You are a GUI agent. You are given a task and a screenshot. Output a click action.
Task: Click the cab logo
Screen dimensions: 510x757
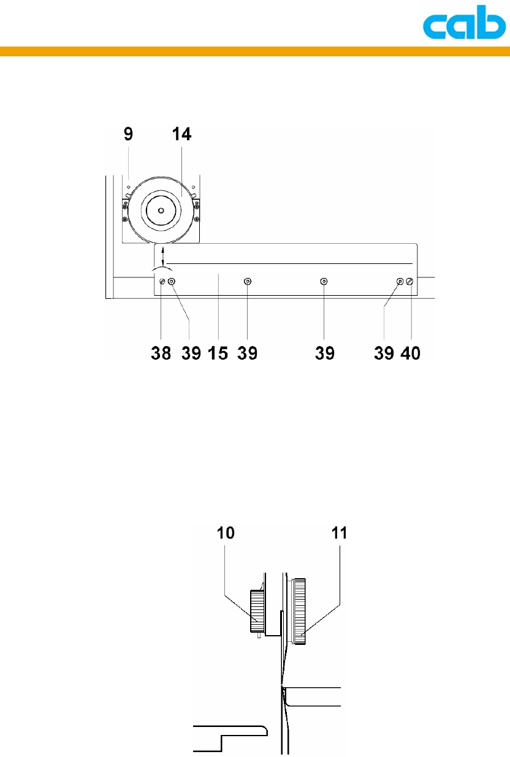tap(465, 22)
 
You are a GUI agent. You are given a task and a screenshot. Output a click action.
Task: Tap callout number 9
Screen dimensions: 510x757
tap(128, 134)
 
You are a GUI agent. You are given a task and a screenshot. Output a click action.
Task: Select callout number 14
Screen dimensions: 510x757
tap(181, 134)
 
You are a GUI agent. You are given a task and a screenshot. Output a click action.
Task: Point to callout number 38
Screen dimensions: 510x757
tap(161, 353)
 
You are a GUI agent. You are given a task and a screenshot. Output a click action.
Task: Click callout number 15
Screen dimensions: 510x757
tap(218, 353)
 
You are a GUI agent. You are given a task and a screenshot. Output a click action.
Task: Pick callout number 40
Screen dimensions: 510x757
tap(410, 353)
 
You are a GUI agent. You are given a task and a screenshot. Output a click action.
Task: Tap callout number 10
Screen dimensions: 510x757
tap(226, 533)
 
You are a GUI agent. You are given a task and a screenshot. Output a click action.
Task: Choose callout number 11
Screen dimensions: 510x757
tap(339, 533)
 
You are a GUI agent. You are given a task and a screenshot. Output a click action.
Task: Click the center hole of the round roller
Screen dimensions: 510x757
tap(161, 211)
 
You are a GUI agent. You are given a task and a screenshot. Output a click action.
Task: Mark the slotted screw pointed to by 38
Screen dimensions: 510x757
tap(162, 281)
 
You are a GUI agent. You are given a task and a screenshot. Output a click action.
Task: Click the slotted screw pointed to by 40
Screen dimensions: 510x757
tap(409, 281)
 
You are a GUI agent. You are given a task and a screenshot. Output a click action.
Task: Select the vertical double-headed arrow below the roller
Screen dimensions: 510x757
tap(163, 256)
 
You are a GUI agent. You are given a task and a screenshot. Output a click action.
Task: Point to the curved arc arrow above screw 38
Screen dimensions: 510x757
tap(162, 268)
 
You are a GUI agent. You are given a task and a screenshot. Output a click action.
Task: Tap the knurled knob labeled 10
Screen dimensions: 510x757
tap(257, 611)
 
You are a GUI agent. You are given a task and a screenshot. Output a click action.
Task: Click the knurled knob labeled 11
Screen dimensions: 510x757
tap(299, 611)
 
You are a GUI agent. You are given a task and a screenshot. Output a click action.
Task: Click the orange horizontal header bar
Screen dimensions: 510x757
tap(255, 51)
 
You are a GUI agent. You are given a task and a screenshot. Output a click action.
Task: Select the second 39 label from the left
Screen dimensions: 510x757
tap(247, 353)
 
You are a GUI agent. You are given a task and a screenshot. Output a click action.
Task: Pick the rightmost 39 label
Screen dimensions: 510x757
tap(384, 353)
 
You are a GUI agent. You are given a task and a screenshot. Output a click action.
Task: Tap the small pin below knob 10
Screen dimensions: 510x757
tap(259, 635)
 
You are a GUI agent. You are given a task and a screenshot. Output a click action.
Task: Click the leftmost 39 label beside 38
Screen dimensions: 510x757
tap(191, 353)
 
